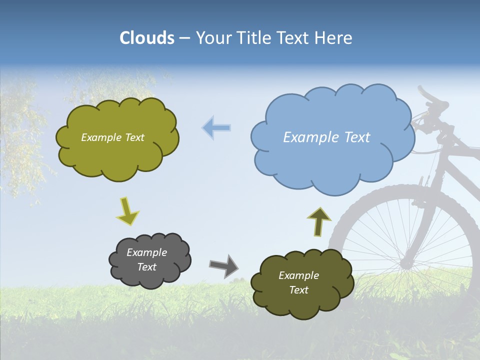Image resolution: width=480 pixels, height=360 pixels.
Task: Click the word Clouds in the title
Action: click(147, 38)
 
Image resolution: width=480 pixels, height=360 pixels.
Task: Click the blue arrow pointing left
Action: click(216, 128)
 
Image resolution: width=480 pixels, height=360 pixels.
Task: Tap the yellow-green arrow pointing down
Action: click(127, 211)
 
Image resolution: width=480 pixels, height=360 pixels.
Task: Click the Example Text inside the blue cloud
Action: click(326, 137)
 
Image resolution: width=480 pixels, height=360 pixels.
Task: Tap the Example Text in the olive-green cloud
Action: click(112, 137)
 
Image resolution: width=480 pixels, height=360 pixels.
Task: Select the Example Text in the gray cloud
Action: click(147, 259)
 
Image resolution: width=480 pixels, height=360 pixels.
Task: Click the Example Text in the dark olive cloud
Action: click(298, 282)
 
